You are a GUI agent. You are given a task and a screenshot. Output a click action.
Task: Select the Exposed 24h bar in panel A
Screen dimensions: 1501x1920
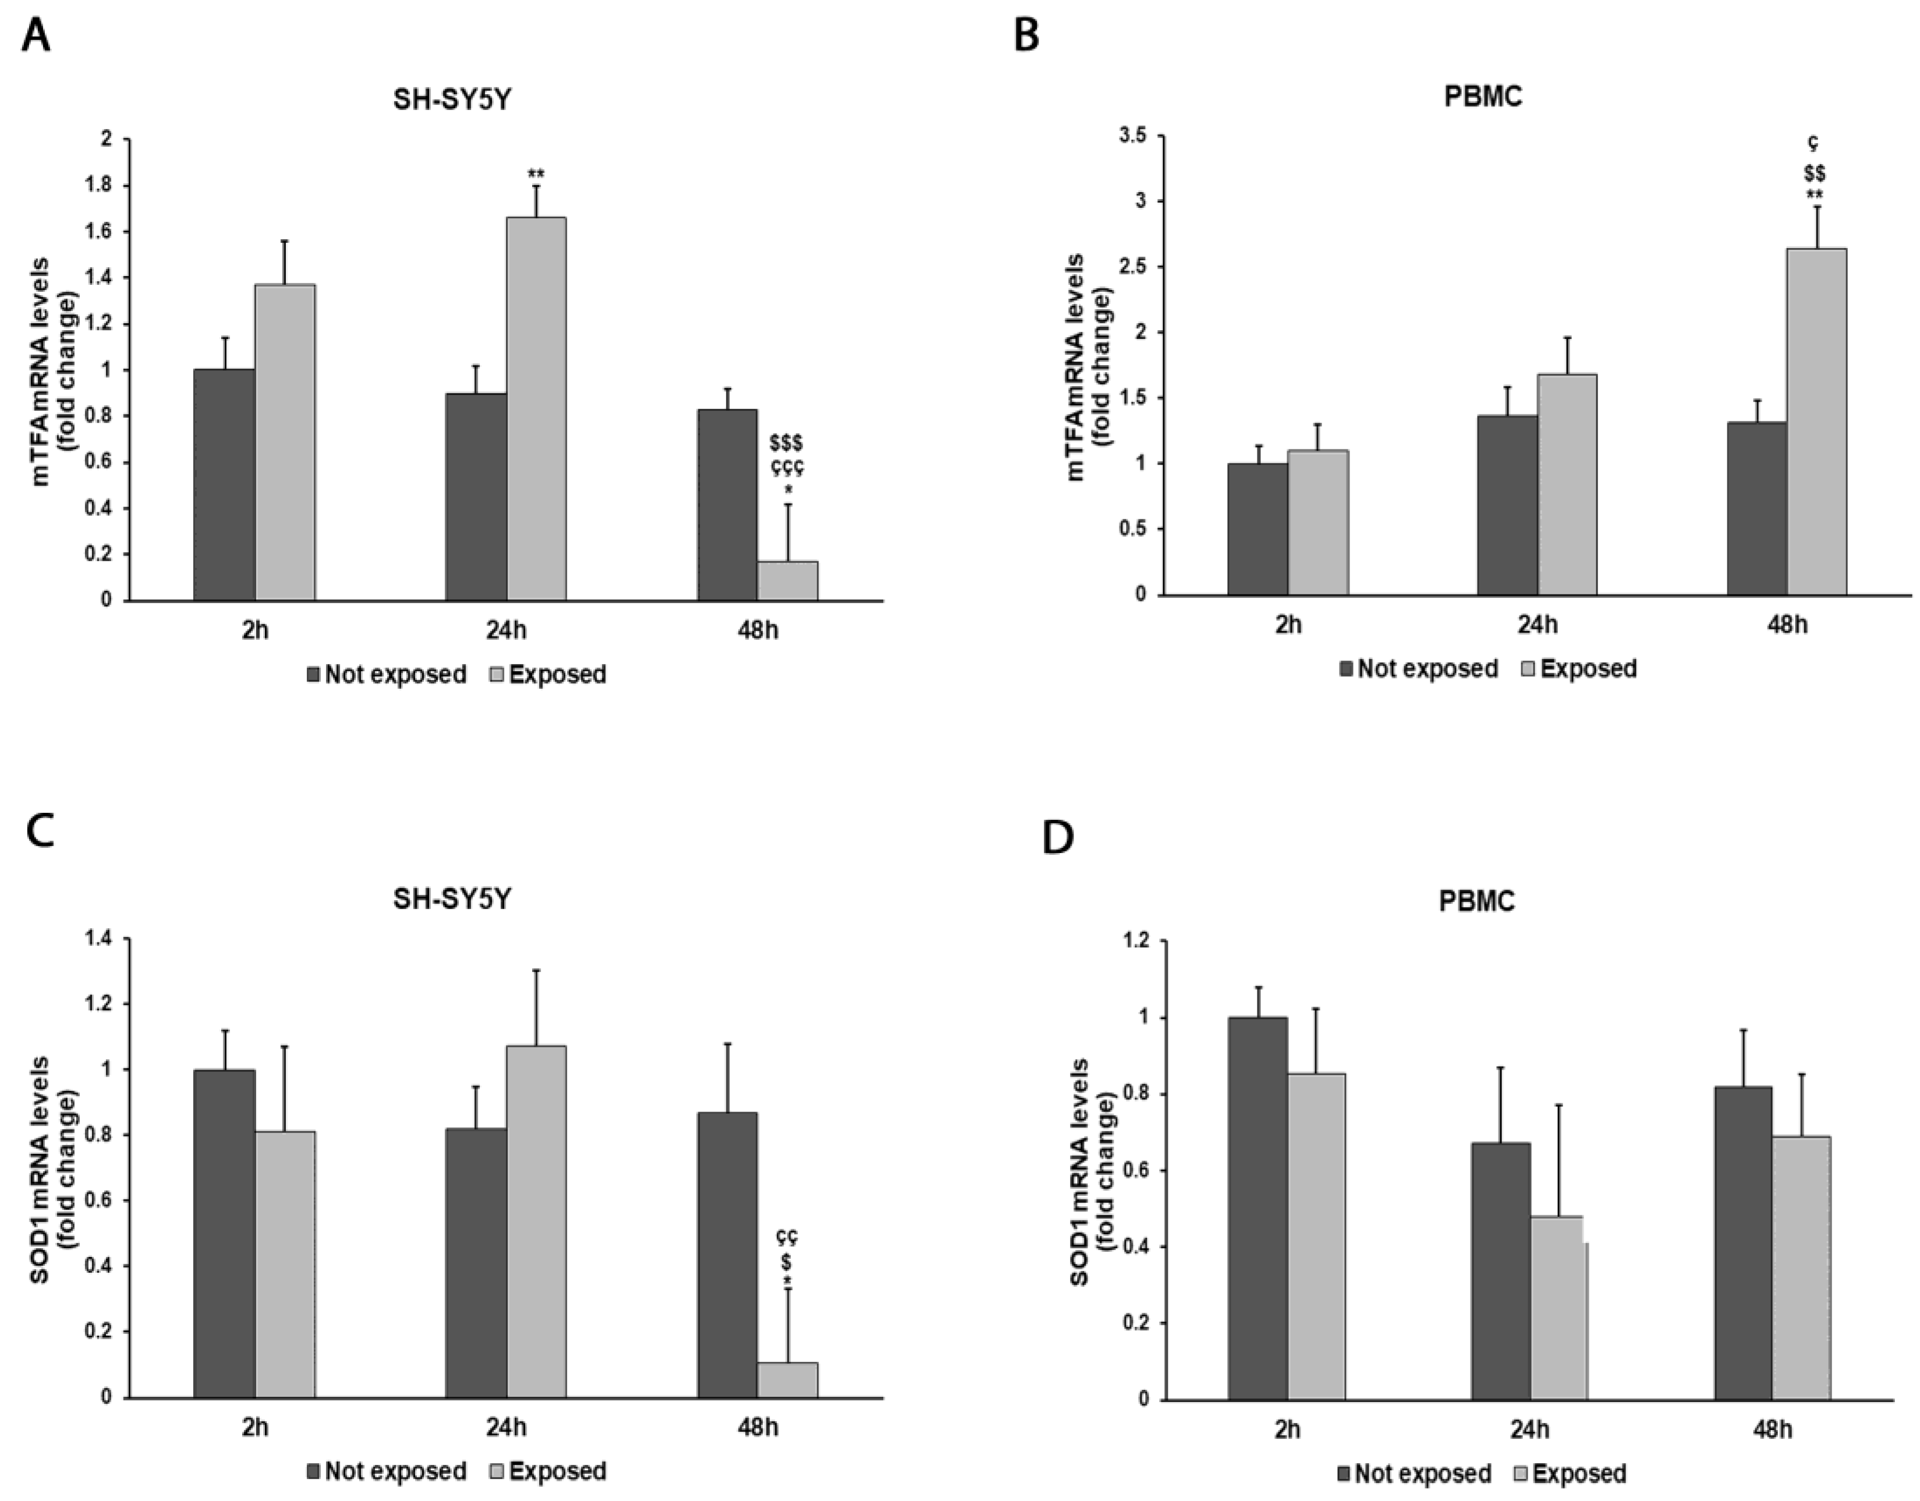(x=536, y=409)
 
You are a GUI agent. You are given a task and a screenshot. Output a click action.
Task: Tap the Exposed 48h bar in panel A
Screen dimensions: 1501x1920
(x=788, y=580)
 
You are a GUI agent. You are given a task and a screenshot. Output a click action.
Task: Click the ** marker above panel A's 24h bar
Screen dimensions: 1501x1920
(x=536, y=174)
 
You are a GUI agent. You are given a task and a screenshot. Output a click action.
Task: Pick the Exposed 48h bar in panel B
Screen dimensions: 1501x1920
(x=1816, y=422)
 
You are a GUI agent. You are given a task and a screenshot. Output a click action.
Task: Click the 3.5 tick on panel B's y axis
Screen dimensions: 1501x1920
(x=1133, y=136)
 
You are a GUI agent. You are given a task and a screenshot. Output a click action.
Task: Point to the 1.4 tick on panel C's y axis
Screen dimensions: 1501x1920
(x=102, y=939)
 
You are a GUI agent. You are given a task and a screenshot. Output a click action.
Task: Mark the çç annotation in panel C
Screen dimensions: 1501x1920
(x=787, y=1237)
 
